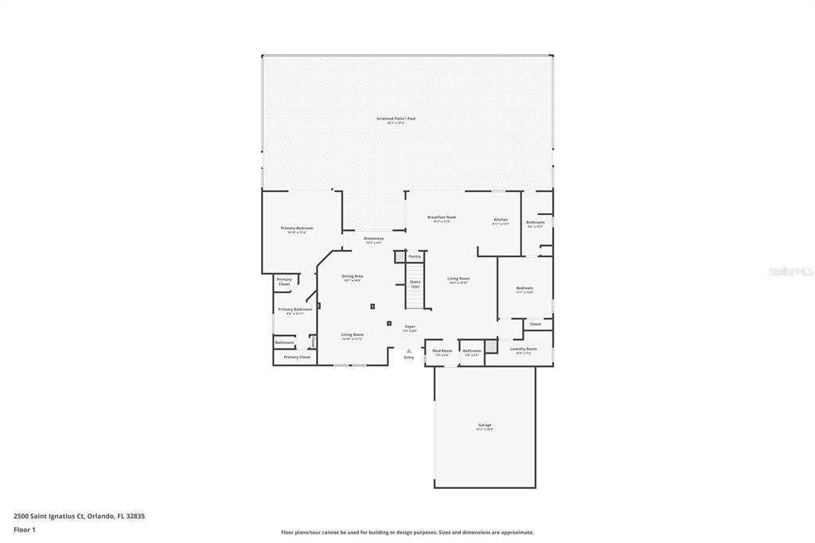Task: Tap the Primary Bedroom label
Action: tap(296, 229)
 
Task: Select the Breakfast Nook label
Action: tap(441, 217)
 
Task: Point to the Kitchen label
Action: tap(501, 220)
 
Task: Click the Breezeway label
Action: tap(373, 239)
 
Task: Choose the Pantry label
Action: tap(414, 256)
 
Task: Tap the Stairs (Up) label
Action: tap(415, 283)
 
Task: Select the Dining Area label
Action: tap(352, 276)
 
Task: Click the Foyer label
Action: tap(410, 326)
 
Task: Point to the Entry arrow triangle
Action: tap(409, 350)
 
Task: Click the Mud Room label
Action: tap(442, 351)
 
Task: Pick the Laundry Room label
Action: tap(523, 349)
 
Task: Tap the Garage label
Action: tap(485, 425)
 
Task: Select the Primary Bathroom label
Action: tap(294, 310)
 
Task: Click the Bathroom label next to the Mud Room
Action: tap(472, 351)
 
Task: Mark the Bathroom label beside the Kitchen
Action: tap(535, 222)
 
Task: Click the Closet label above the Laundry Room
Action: tap(535, 324)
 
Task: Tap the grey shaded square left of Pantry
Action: tap(400, 257)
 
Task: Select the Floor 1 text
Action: tap(25, 529)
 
